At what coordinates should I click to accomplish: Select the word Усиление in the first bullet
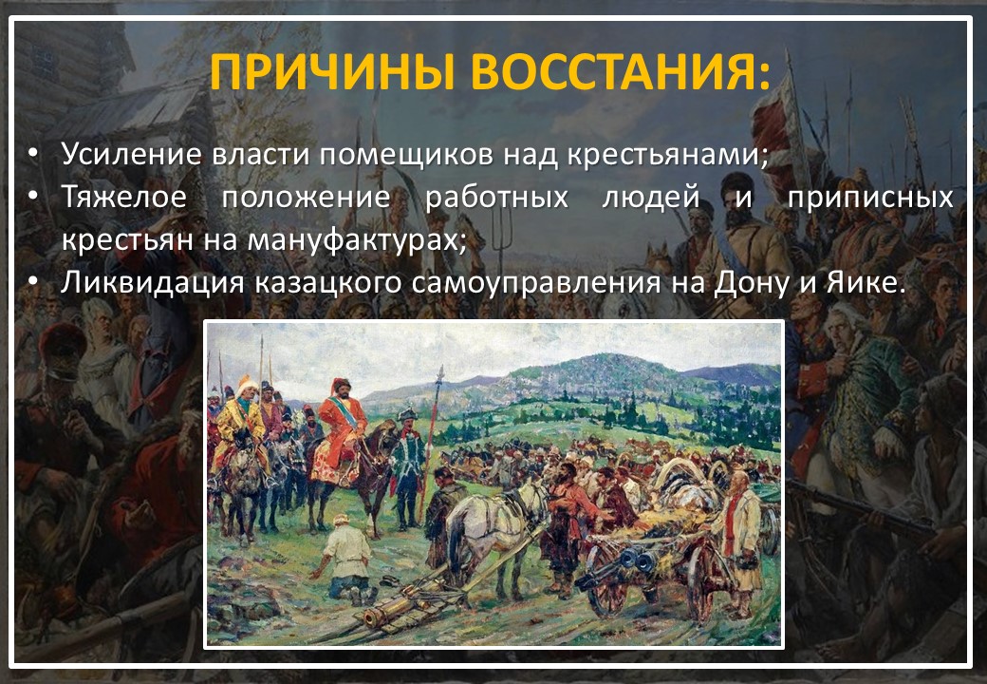[132, 154]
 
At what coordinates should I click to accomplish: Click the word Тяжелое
[124, 198]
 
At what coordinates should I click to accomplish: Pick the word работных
[497, 199]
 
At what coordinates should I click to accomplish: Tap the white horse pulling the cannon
[497, 529]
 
